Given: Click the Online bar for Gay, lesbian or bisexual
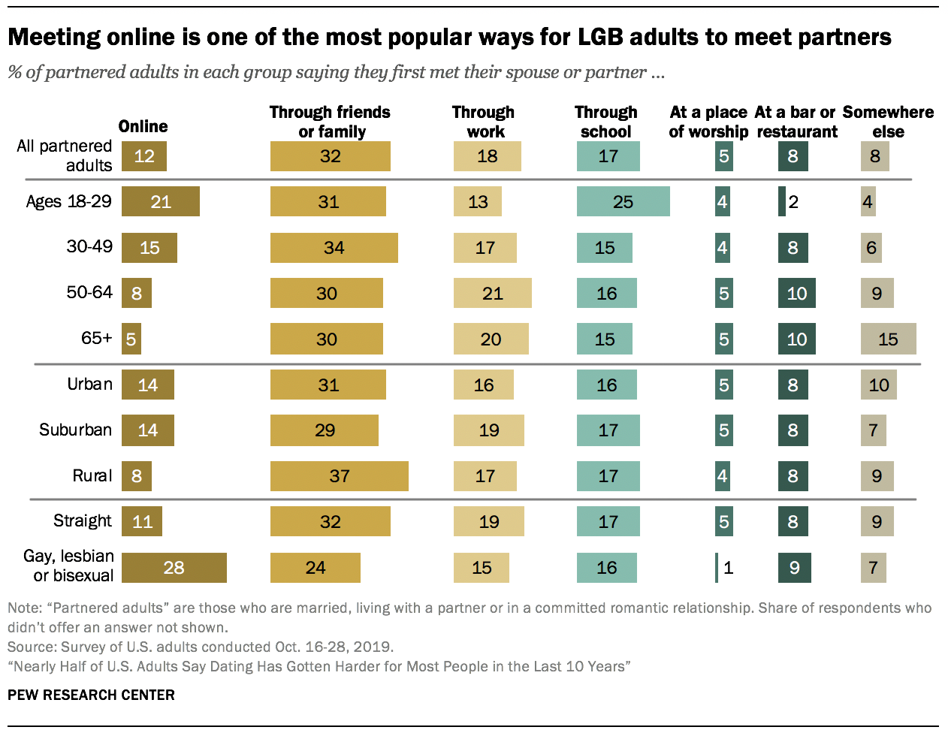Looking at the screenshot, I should tap(174, 568).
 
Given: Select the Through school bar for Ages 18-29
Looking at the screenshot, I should tap(623, 201).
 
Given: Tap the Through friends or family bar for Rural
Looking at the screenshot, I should tap(339, 476).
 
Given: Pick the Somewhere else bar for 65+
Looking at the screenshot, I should tap(888, 339).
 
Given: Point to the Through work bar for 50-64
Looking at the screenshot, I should tap(492, 294).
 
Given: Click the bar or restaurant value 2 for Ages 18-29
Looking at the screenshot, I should tap(793, 201).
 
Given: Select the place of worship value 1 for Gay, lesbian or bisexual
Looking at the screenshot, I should tap(727, 568).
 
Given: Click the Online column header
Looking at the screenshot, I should tap(143, 126).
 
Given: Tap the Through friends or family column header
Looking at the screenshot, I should tap(331, 122).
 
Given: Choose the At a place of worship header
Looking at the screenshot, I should tap(708, 122).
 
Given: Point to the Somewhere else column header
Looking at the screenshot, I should tap(888, 122).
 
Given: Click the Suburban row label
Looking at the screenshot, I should tap(75, 430).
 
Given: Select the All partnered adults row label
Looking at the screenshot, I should tap(65, 155).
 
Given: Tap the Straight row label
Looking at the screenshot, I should tap(82, 521).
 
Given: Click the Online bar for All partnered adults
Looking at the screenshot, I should tap(143, 156).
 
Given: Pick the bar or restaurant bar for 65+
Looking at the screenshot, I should tap(796, 339).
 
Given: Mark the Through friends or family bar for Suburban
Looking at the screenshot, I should tap(324, 430).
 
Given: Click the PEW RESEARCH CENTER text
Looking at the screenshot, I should tap(91, 695).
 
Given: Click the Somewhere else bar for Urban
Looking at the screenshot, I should tap(878, 385).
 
